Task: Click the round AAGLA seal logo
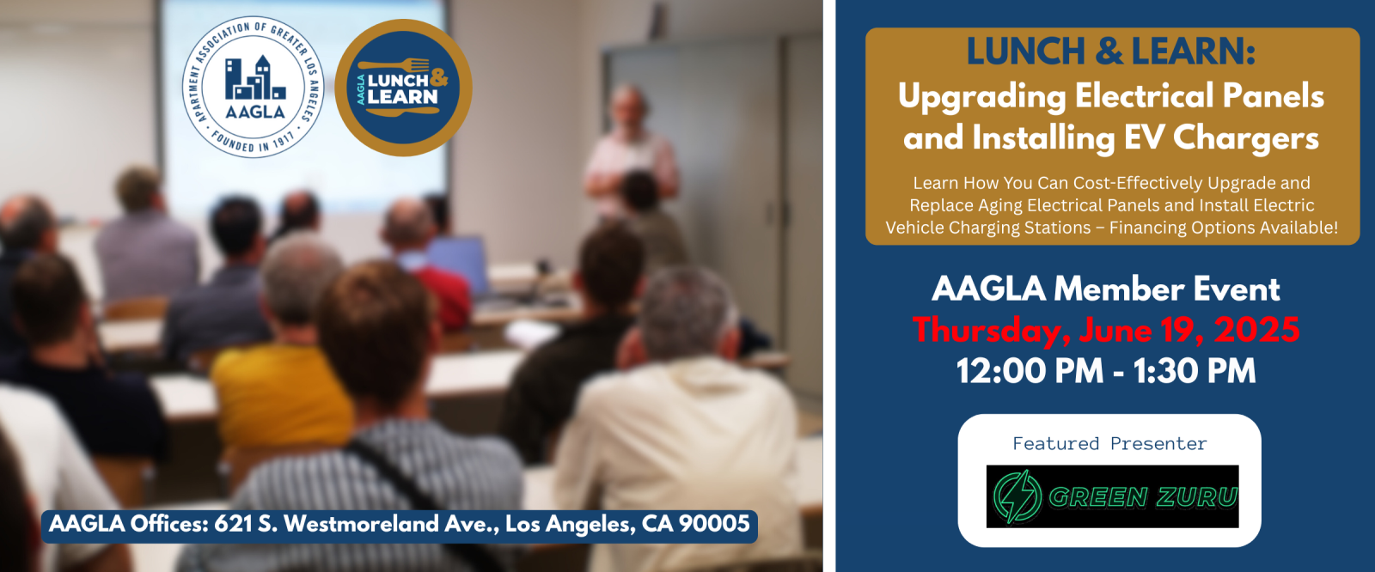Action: click(253, 87)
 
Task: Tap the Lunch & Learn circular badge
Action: click(403, 87)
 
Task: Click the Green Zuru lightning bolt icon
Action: click(1017, 496)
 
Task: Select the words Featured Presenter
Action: click(1109, 443)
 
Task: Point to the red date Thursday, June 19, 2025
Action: click(1105, 330)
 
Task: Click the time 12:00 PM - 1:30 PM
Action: click(1105, 371)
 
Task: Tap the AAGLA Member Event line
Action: click(1105, 289)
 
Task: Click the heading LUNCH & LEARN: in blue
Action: click(1111, 51)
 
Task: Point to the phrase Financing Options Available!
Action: click(1224, 228)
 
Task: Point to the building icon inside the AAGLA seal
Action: click(254, 78)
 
